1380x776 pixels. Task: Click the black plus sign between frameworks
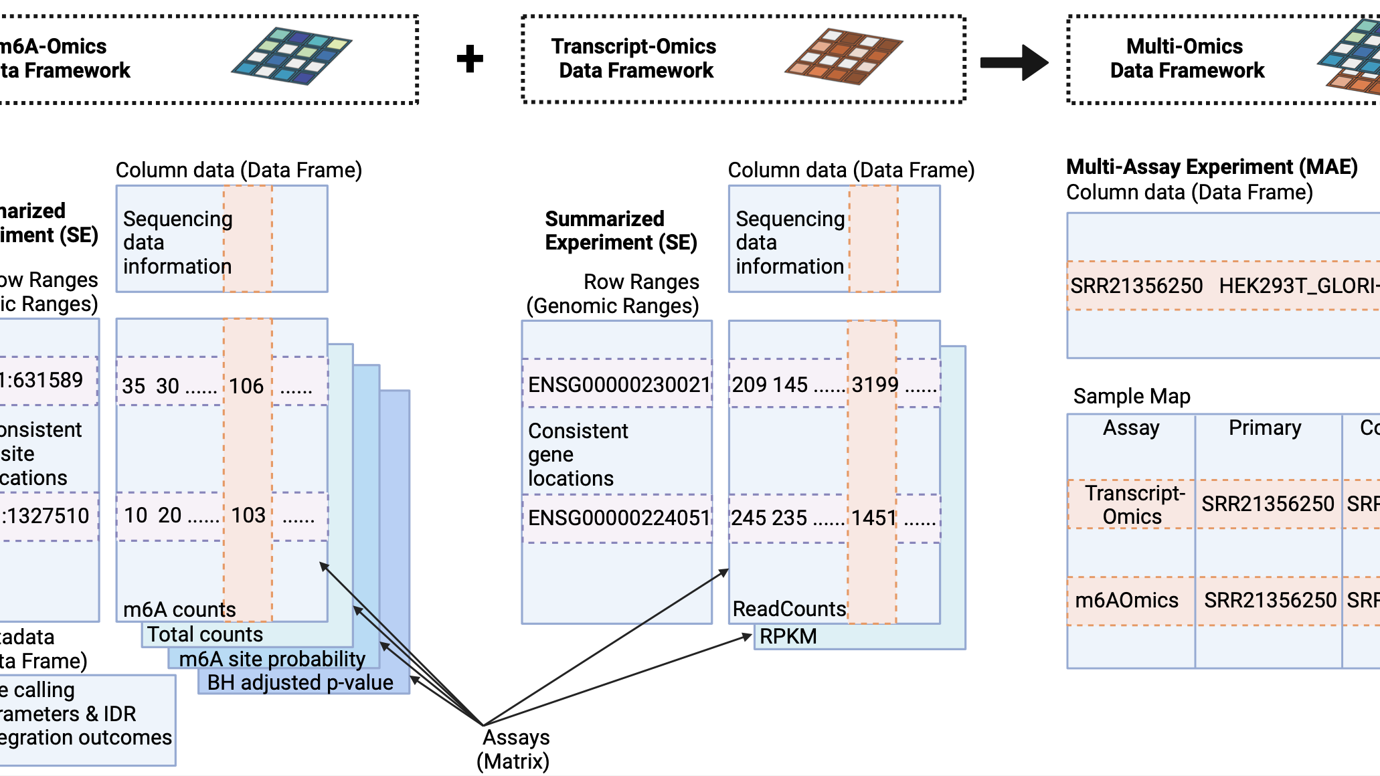point(470,59)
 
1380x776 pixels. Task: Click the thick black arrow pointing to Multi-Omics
point(1014,62)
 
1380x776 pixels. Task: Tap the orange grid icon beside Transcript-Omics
point(843,56)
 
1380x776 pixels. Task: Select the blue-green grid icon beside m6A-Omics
point(291,56)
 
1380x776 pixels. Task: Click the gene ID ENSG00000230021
point(618,385)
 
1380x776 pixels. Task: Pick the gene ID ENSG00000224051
point(618,518)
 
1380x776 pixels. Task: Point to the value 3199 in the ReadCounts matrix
point(875,385)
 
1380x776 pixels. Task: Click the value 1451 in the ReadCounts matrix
point(874,518)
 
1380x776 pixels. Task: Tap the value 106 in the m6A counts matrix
point(246,386)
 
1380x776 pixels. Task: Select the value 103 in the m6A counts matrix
point(248,515)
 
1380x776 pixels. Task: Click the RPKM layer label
point(788,636)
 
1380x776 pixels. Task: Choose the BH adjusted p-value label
point(300,682)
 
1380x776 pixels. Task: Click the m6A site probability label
point(272,659)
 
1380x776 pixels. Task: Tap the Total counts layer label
point(205,634)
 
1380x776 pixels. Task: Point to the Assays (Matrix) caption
point(514,749)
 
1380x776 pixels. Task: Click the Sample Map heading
point(1132,396)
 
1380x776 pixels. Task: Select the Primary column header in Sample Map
point(1265,427)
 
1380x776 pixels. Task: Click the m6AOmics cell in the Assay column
point(1126,600)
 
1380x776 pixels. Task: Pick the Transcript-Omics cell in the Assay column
point(1134,504)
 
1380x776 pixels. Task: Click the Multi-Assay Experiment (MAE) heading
point(1211,167)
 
